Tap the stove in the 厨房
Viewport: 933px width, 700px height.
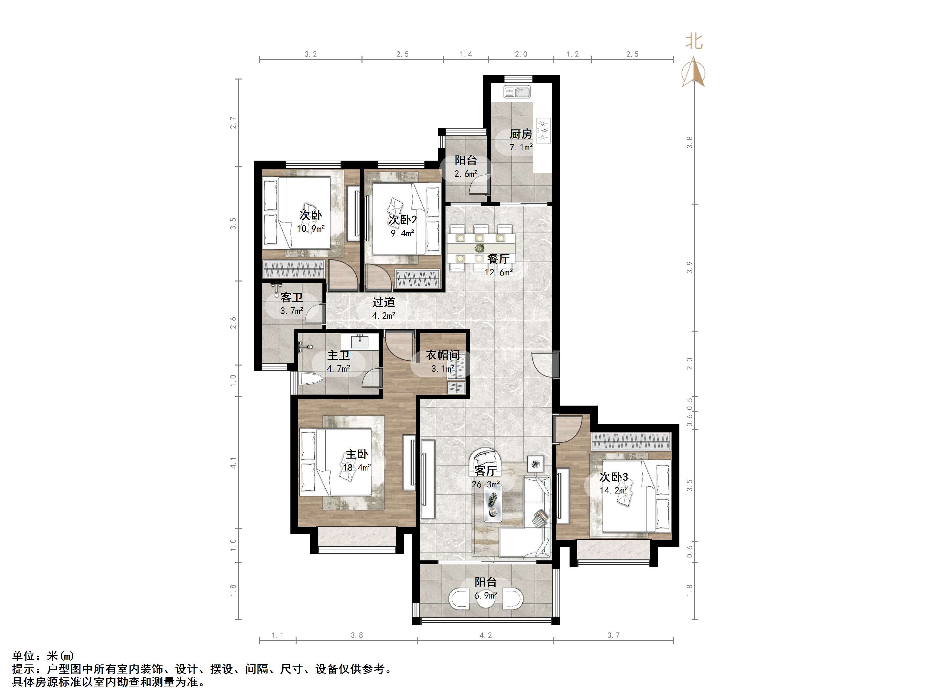point(543,128)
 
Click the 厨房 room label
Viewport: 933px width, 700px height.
point(521,134)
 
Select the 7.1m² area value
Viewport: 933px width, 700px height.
point(521,147)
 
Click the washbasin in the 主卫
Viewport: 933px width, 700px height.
point(360,341)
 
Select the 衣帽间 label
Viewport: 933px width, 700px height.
point(443,355)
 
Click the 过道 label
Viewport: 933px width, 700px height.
point(384,302)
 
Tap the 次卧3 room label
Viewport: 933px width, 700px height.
point(614,477)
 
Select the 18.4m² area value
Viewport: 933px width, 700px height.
point(357,468)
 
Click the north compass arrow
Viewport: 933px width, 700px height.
point(693,73)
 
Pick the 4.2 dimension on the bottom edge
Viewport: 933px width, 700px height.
point(486,635)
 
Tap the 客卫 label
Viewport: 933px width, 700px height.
point(292,297)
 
